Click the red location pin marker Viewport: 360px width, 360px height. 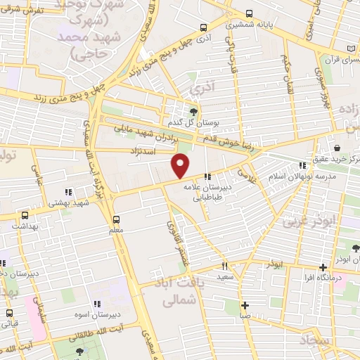pyautogui.click(x=181, y=166)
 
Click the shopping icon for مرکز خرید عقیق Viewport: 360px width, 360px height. pyautogui.click(x=338, y=148)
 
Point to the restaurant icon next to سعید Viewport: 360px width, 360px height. pyautogui.click(x=225, y=265)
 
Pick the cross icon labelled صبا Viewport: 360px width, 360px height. pyautogui.click(x=245, y=305)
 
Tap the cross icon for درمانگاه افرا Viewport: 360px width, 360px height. pyautogui.click(x=323, y=267)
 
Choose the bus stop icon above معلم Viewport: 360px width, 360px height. pyautogui.click(x=116, y=217)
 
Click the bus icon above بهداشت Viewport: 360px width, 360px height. pyautogui.click(x=25, y=216)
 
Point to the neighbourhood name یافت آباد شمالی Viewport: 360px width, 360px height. pyautogui.click(x=167, y=291)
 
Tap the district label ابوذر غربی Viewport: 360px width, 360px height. pyautogui.click(x=307, y=221)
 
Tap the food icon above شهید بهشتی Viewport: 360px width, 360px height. pyautogui.click(x=68, y=192)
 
